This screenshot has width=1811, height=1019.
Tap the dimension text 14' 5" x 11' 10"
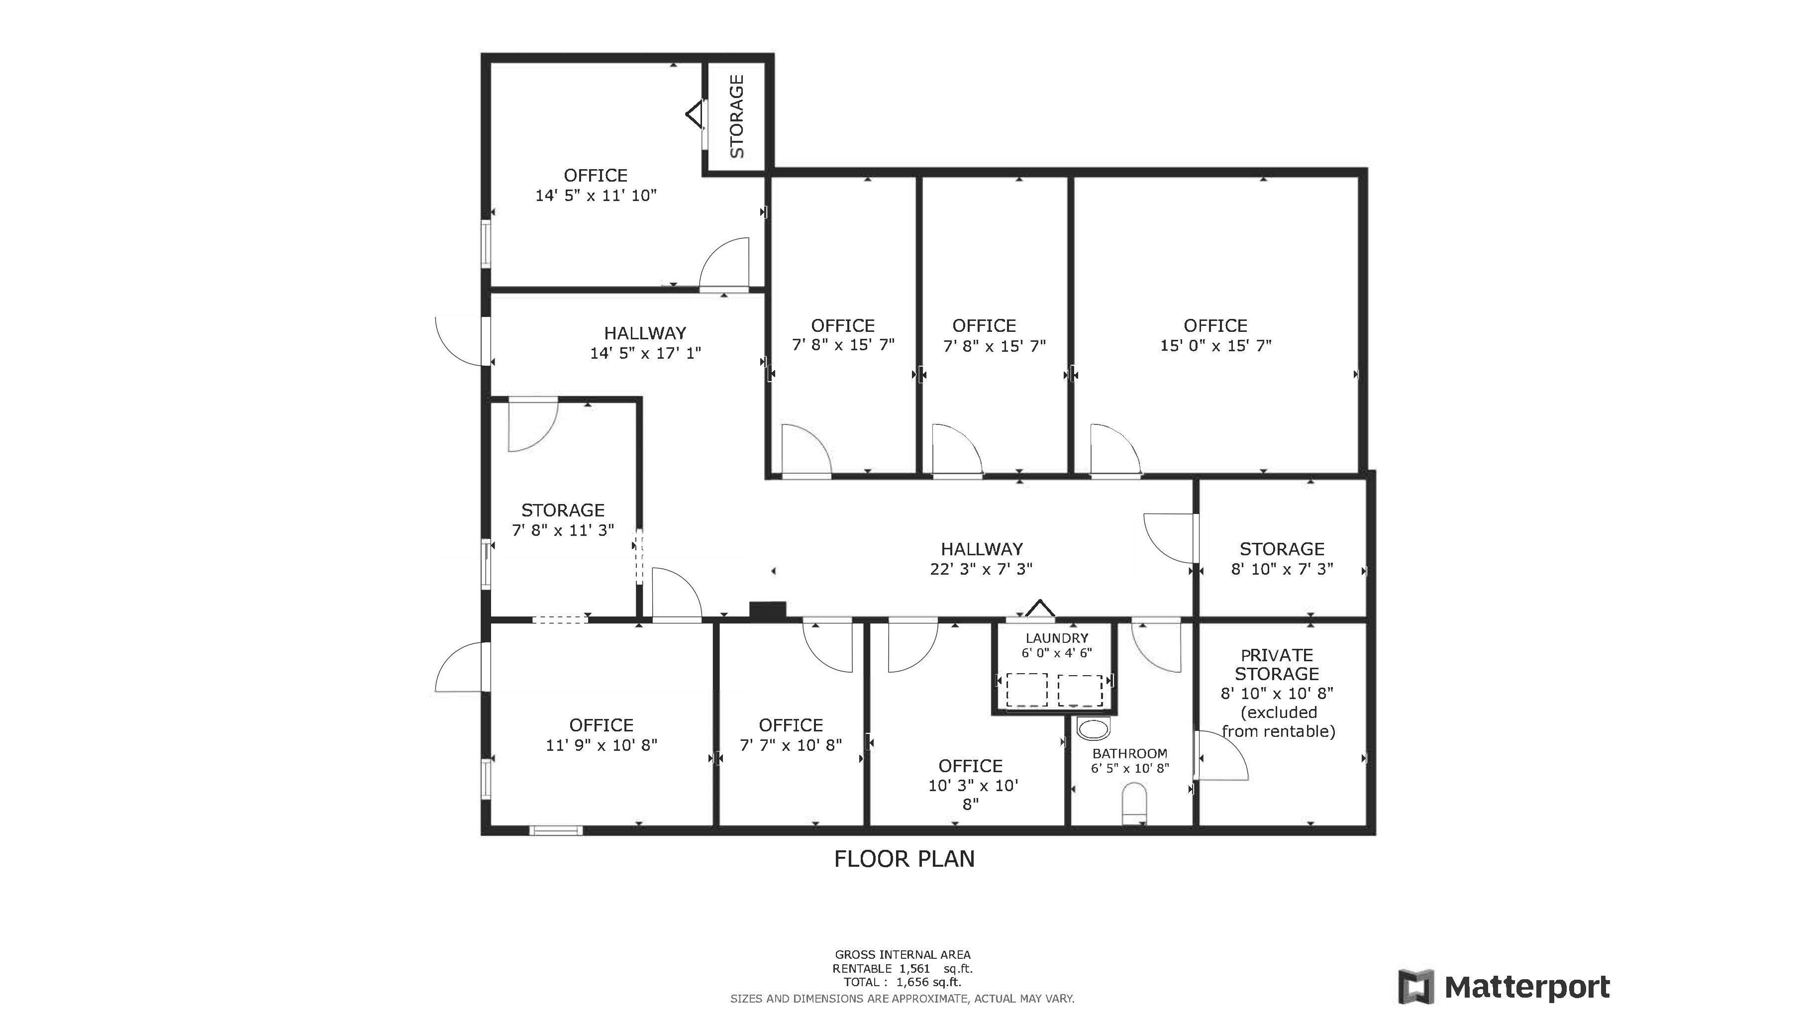click(596, 196)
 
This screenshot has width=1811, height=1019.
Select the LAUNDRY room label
click(1057, 638)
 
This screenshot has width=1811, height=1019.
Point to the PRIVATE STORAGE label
click(1277, 665)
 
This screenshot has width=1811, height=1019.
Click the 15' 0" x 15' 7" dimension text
click(1215, 345)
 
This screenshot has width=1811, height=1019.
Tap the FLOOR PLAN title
click(904, 859)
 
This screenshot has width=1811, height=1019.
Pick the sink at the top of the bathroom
click(1093, 728)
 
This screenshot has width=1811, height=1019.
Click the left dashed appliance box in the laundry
click(1026, 690)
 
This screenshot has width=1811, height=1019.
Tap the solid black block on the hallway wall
click(767, 611)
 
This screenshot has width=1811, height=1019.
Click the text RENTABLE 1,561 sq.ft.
click(903, 968)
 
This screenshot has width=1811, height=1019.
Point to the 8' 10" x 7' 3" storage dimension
click(1282, 569)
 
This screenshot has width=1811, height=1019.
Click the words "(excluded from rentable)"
click(1278, 721)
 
